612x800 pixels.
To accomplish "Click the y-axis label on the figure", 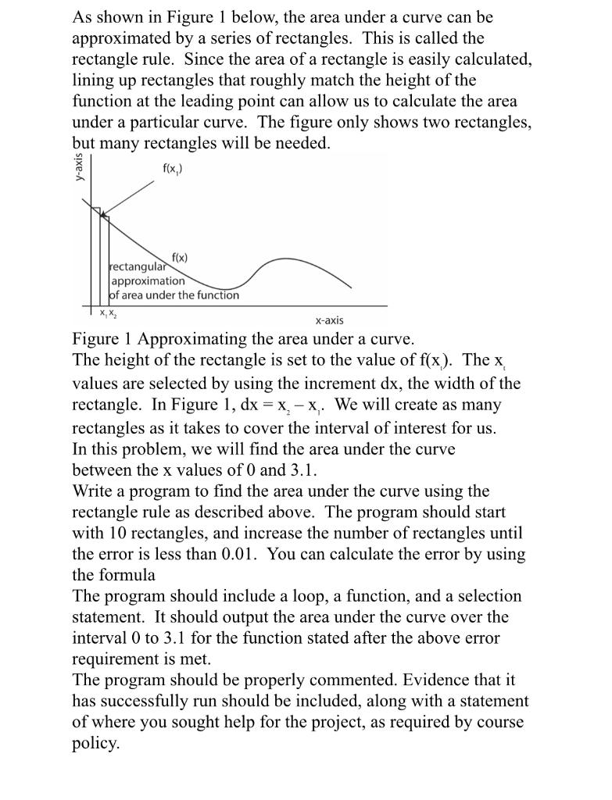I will tap(80, 166).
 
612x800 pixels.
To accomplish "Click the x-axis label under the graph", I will tap(329, 320).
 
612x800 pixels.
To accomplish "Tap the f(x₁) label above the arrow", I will tap(174, 168).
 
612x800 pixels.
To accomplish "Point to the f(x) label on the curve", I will tap(180, 257).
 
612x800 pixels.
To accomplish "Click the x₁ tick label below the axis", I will tap(102, 313).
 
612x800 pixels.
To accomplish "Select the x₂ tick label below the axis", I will tap(113, 313).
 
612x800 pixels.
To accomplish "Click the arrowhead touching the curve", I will tap(104, 211).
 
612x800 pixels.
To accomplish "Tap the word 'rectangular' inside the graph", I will tap(140, 268).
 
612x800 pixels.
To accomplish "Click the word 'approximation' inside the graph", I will tap(149, 281).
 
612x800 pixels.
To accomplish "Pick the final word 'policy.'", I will tap(95, 743).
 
